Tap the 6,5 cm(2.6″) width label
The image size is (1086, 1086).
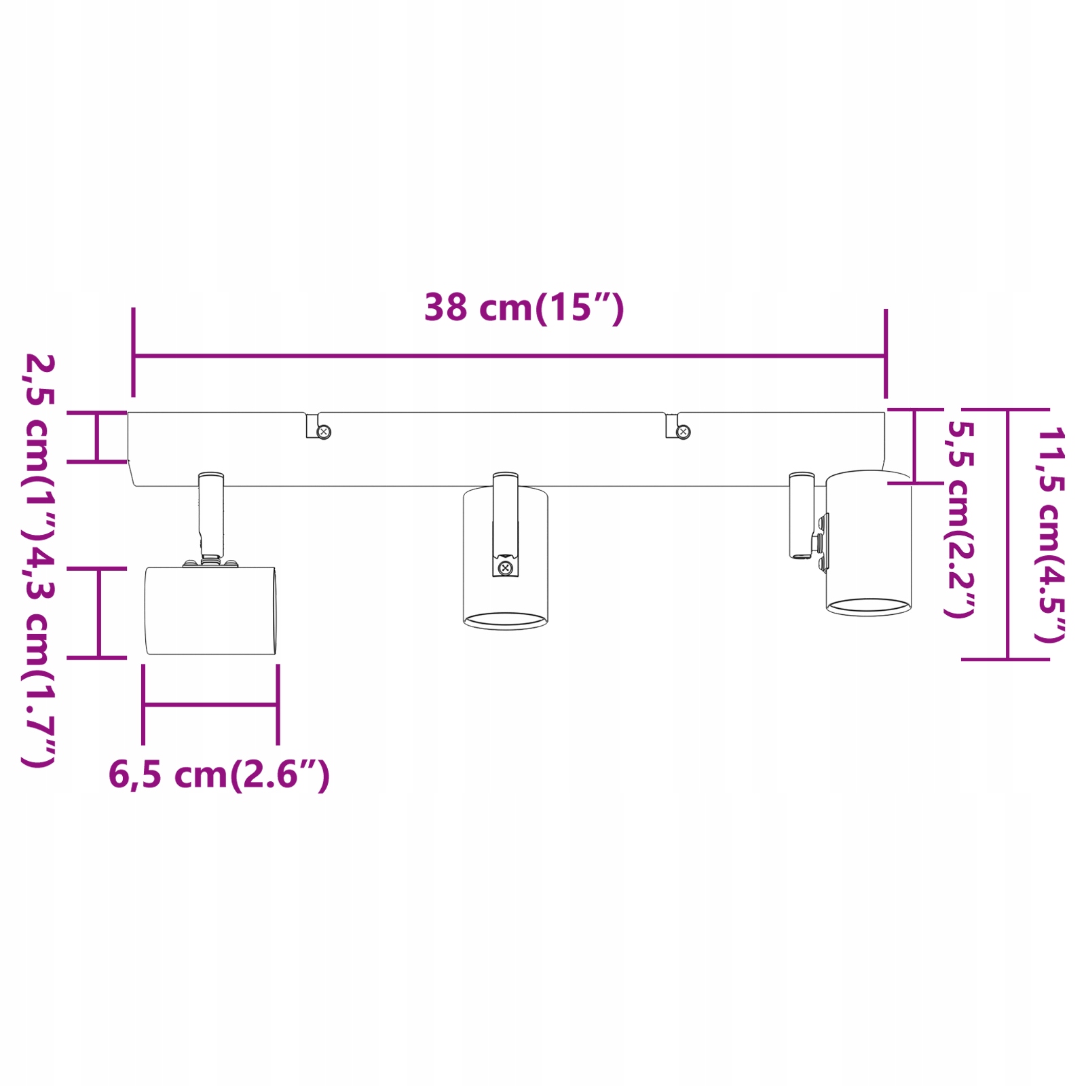(x=219, y=774)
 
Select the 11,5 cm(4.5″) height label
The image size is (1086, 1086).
(x=1050, y=534)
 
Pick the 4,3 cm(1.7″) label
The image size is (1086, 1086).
(x=39, y=655)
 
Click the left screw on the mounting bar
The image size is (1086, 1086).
(x=324, y=432)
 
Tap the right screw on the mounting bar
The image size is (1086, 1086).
(x=684, y=432)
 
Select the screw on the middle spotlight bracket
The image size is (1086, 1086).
(x=504, y=567)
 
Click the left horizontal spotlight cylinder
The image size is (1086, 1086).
(x=210, y=611)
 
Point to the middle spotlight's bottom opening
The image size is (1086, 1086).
(x=506, y=620)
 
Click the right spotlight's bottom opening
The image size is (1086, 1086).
(x=868, y=605)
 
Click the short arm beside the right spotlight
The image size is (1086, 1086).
(x=801, y=514)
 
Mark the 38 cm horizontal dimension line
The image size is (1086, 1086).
(x=509, y=355)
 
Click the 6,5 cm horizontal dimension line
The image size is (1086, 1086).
(x=210, y=705)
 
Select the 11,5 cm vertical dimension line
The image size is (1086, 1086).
(x=1007, y=534)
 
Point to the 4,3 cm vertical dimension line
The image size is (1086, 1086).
(x=99, y=613)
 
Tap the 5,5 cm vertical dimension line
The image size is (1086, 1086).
(x=914, y=446)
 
